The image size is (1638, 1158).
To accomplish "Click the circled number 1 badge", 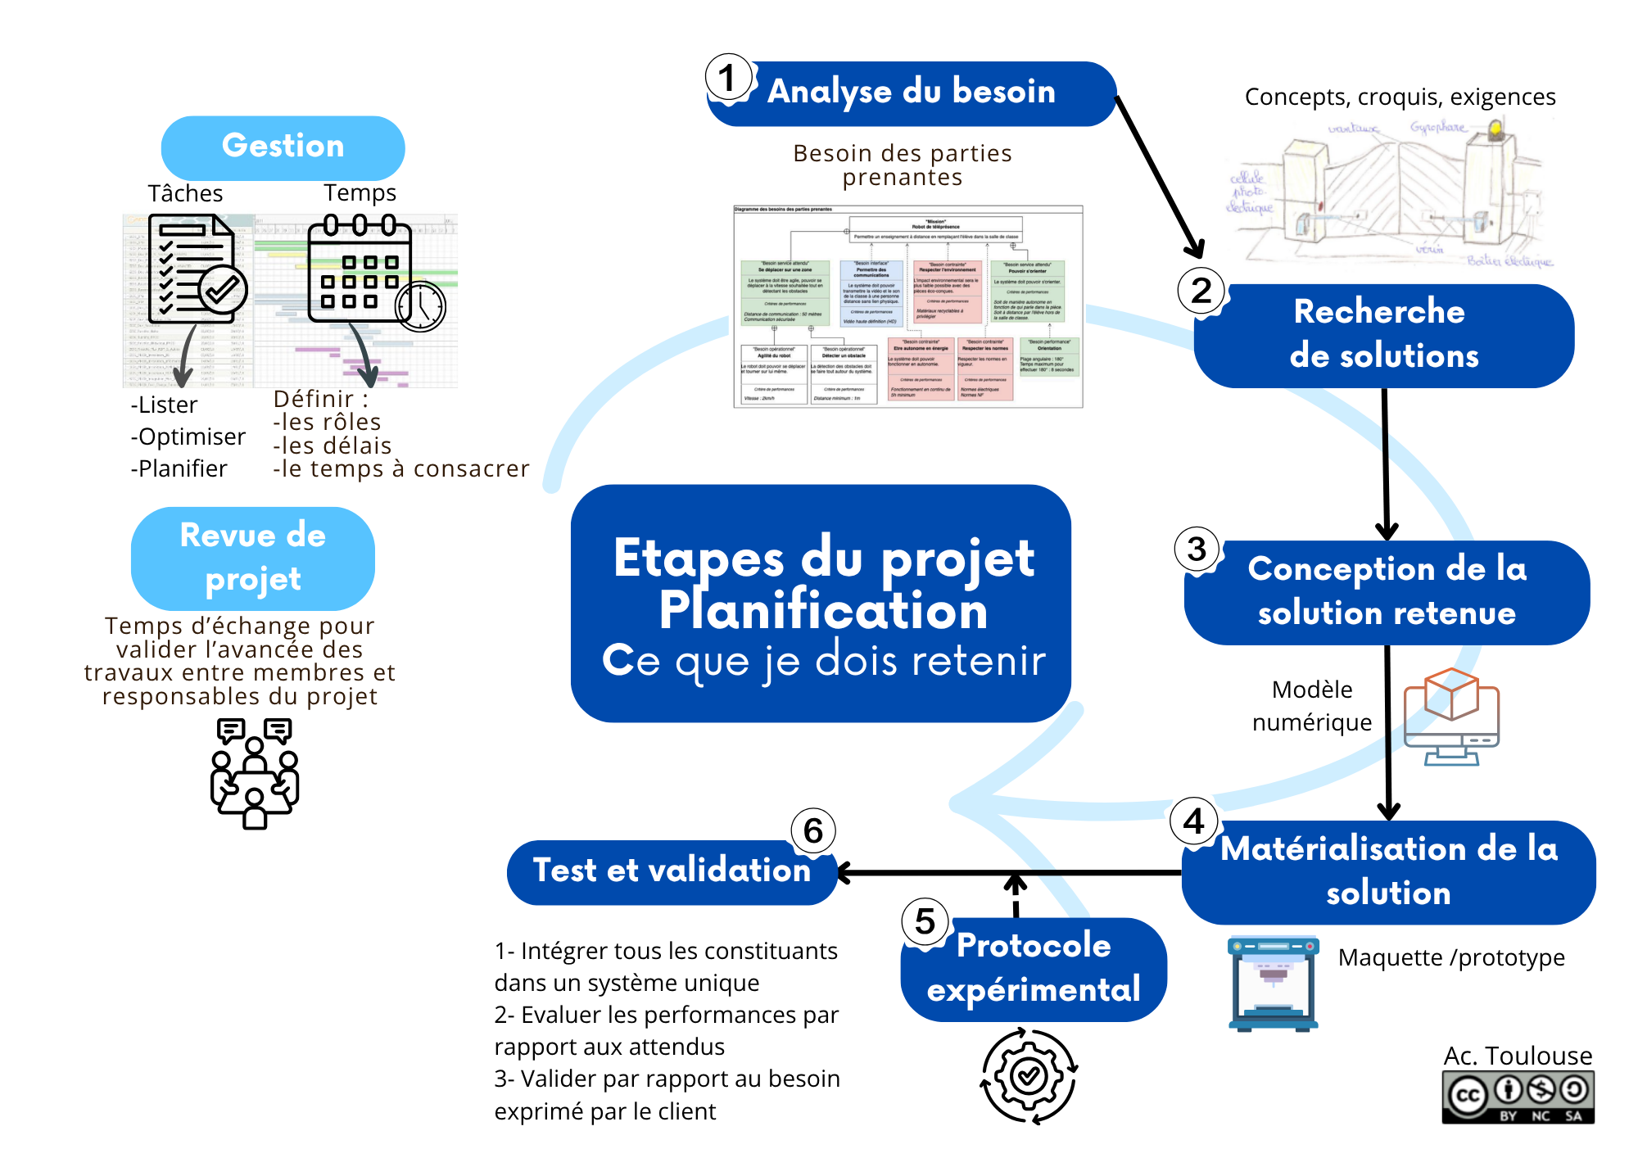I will (727, 78).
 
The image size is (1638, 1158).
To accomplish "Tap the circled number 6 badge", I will (812, 830).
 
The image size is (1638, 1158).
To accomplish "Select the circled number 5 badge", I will (925, 921).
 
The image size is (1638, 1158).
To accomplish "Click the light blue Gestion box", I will (283, 147).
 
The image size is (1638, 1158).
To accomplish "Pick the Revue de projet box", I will (252, 558).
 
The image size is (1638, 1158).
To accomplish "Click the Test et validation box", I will (672, 871).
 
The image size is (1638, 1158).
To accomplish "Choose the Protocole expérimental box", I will (1034, 969).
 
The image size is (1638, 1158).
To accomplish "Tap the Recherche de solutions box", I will (1384, 335).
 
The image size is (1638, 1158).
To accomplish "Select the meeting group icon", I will (255, 774).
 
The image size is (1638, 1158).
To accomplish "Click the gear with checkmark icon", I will (1029, 1075).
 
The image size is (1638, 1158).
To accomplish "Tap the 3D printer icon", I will (1273, 983).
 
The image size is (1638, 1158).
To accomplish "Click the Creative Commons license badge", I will (1518, 1098).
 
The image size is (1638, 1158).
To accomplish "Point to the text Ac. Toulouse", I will (1518, 1056).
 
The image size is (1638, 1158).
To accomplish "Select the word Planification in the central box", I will (823, 611).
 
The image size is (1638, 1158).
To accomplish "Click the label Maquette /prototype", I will (1451, 957).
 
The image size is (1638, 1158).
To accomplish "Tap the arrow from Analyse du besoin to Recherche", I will (1159, 175).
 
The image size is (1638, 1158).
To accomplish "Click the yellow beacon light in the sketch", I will (1495, 128).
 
